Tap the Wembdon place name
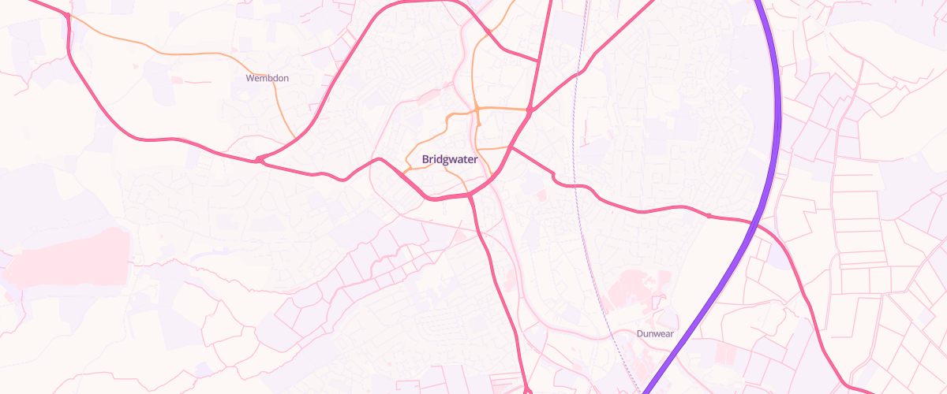[x=268, y=79]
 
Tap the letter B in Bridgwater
[x=425, y=159]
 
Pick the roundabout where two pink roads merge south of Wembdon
[x=259, y=160]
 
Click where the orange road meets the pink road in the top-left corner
[x=68, y=15]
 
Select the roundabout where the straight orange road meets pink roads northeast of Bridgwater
[x=530, y=110]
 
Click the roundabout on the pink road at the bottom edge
[x=527, y=391]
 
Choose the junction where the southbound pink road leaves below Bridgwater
[x=470, y=195]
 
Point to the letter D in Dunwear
[x=640, y=333]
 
